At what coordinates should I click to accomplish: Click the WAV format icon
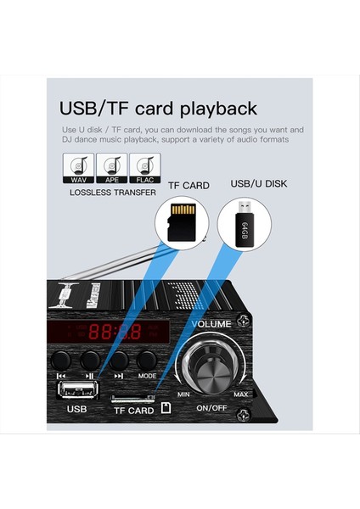(x=77, y=168)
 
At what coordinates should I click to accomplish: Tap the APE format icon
(x=111, y=168)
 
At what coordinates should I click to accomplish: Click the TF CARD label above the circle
(x=188, y=185)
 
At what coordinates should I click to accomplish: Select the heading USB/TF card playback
(x=158, y=109)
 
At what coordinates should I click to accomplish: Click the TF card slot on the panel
(x=134, y=397)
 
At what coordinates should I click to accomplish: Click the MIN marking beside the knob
(x=183, y=395)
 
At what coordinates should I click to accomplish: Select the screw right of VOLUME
(x=245, y=322)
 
